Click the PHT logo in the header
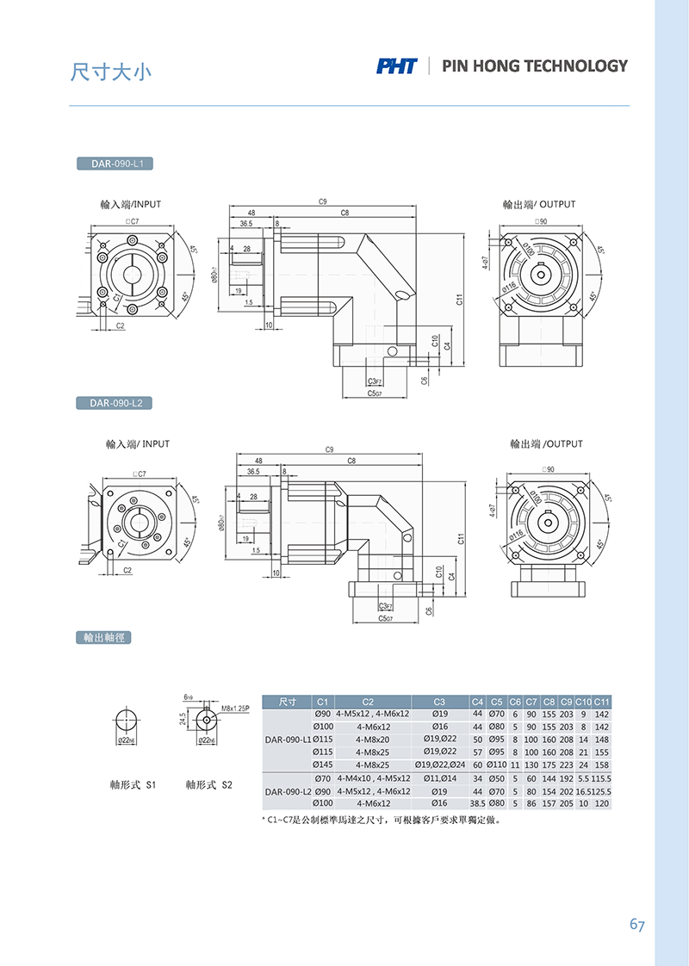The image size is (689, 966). (x=396, y=66)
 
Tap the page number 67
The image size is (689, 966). (x=637, y=925)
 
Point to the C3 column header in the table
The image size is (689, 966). (x=439, y=702)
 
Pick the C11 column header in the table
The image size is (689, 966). (x=601, y=702)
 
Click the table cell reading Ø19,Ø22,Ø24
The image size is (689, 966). (x=439, y=765)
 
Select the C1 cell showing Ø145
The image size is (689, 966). (x=322, y=765)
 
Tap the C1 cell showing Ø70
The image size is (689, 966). (x=322, y=778)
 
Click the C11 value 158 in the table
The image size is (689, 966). (x=601, y=765)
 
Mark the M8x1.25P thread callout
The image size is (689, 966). (x=235, y=709)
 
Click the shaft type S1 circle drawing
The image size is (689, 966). (x=127, y=721)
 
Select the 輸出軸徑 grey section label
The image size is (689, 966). (x=102, y=638)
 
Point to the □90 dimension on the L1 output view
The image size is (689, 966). (x=543, y=222)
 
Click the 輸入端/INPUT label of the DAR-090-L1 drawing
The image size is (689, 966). (x=131, y=205)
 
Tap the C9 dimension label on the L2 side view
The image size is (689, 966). (x=329, y=449)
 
